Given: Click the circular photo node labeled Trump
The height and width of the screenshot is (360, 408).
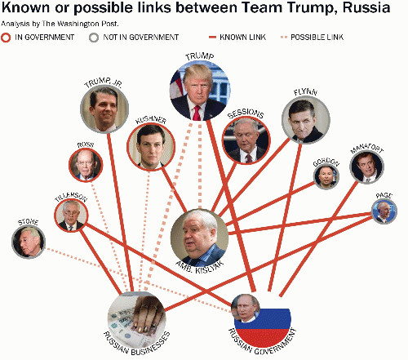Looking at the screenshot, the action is click(200, 91).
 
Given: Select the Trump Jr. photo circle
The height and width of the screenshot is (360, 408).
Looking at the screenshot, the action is click(104, 109).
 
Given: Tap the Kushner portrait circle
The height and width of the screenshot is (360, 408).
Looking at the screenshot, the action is click(151, 147).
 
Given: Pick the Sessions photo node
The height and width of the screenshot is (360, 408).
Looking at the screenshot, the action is click(246, 140).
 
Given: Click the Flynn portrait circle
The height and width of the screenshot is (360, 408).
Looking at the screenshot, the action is click(306, 120).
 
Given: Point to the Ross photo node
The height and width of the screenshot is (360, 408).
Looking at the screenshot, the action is click(86, 165).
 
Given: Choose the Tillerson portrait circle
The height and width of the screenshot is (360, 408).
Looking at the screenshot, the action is click(71, 215).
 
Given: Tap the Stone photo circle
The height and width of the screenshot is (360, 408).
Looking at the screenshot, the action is click(29, 242).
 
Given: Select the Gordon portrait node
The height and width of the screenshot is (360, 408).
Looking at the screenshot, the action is click(326, 176).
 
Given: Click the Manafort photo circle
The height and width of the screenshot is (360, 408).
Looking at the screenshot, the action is click(366, 166).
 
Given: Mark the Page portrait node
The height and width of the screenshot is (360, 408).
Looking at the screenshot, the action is click(384, 211).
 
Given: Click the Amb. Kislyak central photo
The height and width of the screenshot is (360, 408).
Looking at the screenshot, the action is click(200, 238).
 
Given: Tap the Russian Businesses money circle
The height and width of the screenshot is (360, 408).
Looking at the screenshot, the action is click(137, 320).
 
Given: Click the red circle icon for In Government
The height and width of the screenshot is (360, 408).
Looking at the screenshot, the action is click(6, 38).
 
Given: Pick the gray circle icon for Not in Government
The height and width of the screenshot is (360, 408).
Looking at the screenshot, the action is click(94, 38).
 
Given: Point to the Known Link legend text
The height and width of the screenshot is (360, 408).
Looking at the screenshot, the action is click(242, 37).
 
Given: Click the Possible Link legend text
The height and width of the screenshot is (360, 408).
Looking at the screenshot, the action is click(317, 37).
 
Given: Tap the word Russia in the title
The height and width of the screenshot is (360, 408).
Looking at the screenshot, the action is click(366, 7).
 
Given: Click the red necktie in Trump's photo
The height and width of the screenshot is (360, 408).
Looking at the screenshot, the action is click(197, 113).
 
